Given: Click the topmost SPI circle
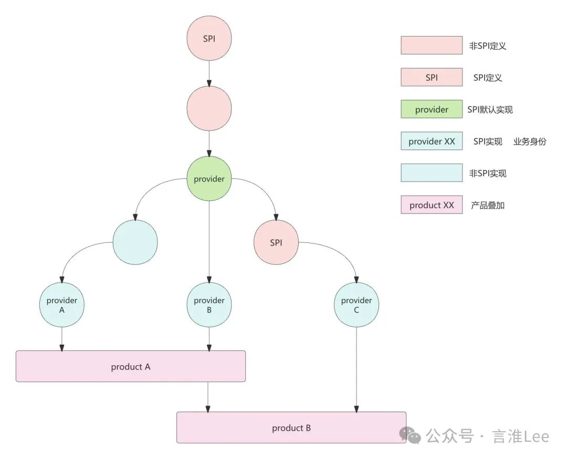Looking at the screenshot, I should point(209,39).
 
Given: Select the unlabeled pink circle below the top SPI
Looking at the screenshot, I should point(209,109).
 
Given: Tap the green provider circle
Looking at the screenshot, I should point(209,179).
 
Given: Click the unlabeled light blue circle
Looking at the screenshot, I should point(135,242).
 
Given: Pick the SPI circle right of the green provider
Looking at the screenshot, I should point(276,242).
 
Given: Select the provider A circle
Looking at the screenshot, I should point(62,305).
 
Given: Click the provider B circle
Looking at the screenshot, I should point(209,305).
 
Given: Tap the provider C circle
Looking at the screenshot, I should point(356,305).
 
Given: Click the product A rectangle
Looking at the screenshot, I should point(131,366).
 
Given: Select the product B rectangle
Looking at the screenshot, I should point(291,428).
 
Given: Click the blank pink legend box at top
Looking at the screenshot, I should point(432,46).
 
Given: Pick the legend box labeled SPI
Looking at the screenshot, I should point(432,78).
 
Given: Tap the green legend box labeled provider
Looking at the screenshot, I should point(432,110).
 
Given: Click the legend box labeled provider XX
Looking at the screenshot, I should point(432,142).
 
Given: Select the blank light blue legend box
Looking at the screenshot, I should point(432,173).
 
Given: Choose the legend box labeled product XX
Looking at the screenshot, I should point(432,205).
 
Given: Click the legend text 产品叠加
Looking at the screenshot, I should point(487,206).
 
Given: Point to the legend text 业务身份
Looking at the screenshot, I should point(529,142).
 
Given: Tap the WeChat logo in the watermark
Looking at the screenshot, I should point(410,435).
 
